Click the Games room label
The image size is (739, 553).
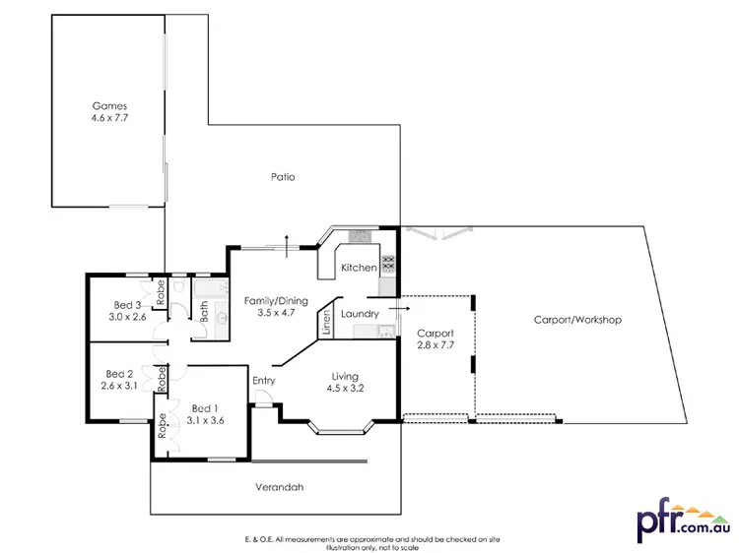tap(109, 105)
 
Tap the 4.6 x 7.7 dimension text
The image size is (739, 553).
tap(109, 118)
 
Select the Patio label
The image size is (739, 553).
tap(283, 177)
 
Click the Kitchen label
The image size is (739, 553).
tap(359, 268)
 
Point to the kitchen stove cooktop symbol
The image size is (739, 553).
tap(388, 263)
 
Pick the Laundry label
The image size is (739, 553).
tap(360, 314)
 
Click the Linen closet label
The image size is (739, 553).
tap(326, 323)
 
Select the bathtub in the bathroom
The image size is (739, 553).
tap(207, 289)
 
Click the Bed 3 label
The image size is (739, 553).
tap(126, 304)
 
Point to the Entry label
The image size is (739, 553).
tap(263, 381)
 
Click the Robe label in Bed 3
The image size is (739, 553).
tap(160, 292)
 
